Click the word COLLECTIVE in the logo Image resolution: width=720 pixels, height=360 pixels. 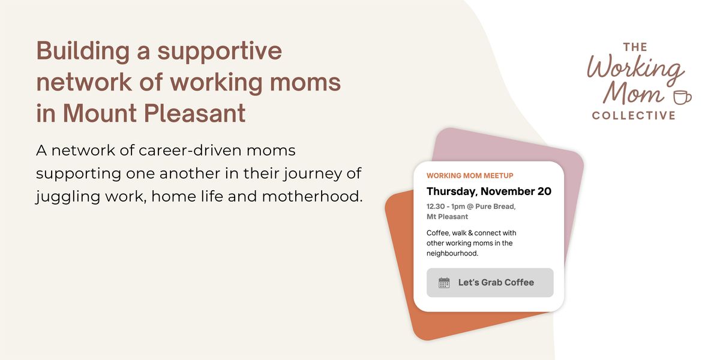click(x=634, y=115)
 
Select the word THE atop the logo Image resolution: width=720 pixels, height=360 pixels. click(x=635, y=47)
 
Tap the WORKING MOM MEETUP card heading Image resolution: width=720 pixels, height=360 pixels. click(x=470, y=176)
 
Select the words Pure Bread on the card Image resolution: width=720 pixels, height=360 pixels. click(x=496, y=206)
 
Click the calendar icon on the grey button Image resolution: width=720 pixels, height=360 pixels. click(x=444, y=283)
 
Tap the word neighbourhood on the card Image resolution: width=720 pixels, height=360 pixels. click(x=452, y=254)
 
